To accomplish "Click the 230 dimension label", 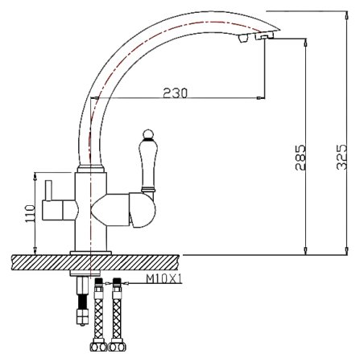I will tap(176, 93).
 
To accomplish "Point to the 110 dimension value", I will tap(29, 213).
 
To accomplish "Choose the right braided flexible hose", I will tap(120, 322).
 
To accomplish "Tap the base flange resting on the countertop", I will tap(89, 253).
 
